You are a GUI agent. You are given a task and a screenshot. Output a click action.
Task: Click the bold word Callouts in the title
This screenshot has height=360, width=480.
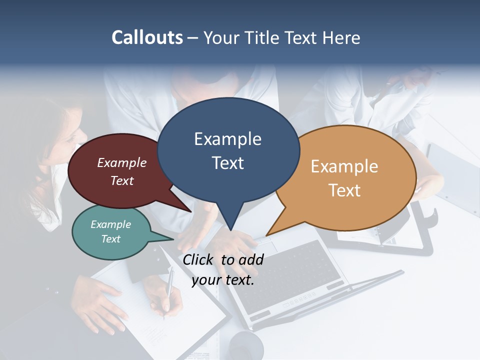147,37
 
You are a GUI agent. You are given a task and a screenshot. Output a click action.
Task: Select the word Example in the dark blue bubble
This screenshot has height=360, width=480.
227,139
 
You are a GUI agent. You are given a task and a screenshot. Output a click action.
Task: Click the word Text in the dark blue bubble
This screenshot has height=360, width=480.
227,162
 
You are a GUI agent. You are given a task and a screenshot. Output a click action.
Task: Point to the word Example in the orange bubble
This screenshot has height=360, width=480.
344,166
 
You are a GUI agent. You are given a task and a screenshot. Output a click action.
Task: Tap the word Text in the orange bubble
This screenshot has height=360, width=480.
344,190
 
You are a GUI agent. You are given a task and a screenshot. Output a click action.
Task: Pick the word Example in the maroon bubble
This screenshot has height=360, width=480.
122,162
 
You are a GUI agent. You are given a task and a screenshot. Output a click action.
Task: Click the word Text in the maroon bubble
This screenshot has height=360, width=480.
122,180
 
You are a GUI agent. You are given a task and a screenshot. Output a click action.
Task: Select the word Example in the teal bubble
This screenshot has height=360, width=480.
111,224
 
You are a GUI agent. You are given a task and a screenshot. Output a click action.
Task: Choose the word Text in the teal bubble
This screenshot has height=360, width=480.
111,239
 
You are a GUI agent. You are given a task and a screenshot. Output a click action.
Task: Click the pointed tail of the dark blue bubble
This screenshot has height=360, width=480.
230,227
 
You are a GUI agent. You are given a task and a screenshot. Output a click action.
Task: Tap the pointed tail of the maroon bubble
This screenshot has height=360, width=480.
188,210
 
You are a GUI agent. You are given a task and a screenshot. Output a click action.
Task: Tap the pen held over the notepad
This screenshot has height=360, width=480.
168,290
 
